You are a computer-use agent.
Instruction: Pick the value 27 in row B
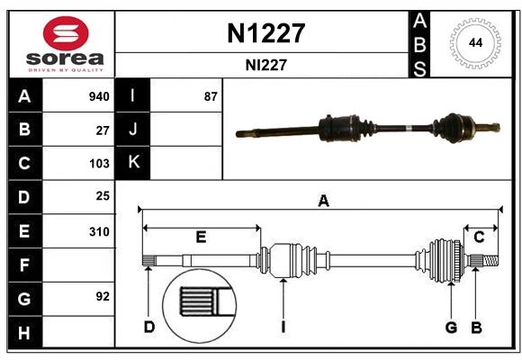(103, 130)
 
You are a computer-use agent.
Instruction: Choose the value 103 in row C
(99, 164)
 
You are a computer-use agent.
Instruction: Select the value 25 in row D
(103, 196)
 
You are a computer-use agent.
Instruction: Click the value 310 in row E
(99, 231)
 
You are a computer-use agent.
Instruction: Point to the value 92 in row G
(103, 296)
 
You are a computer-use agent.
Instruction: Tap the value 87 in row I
(211, 96)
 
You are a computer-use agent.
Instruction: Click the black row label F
(24, 265)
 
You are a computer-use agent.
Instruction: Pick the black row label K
(133, 163)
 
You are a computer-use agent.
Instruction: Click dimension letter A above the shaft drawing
(323, 202)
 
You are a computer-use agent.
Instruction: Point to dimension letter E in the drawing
(201, 237)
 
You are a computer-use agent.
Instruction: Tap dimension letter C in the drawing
(479, 237)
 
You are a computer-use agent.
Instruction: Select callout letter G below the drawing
(451, 327)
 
